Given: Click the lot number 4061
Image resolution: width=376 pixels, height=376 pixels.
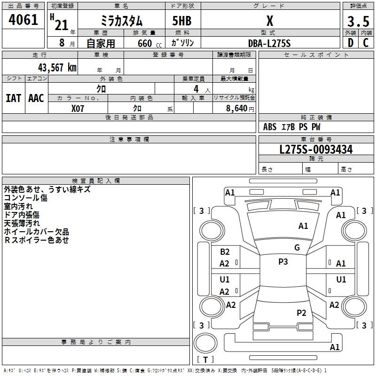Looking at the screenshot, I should coord(23,20).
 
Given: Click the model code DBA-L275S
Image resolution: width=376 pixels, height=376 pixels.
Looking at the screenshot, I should coord(269,43).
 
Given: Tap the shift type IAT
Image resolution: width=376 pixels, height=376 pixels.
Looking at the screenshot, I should coord(13,98).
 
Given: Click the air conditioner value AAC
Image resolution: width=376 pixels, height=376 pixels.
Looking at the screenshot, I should coord(36,98).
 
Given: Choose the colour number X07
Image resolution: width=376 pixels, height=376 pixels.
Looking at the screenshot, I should coord(78,109).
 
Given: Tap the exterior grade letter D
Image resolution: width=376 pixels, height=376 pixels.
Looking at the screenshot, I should coord(350,43).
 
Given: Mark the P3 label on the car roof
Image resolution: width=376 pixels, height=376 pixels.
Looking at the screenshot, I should coord(283,262).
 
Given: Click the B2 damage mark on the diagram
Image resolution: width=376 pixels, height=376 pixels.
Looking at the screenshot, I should coord(225,252).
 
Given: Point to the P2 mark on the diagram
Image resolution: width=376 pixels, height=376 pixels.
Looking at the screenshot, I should coord(301,313).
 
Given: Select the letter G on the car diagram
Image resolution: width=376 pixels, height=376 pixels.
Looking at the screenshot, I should coord(297,248).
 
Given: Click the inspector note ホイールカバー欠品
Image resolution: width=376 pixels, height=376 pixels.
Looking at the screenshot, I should coord(37,232).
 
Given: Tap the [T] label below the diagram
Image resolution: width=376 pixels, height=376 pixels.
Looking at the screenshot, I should coord(205,360).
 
